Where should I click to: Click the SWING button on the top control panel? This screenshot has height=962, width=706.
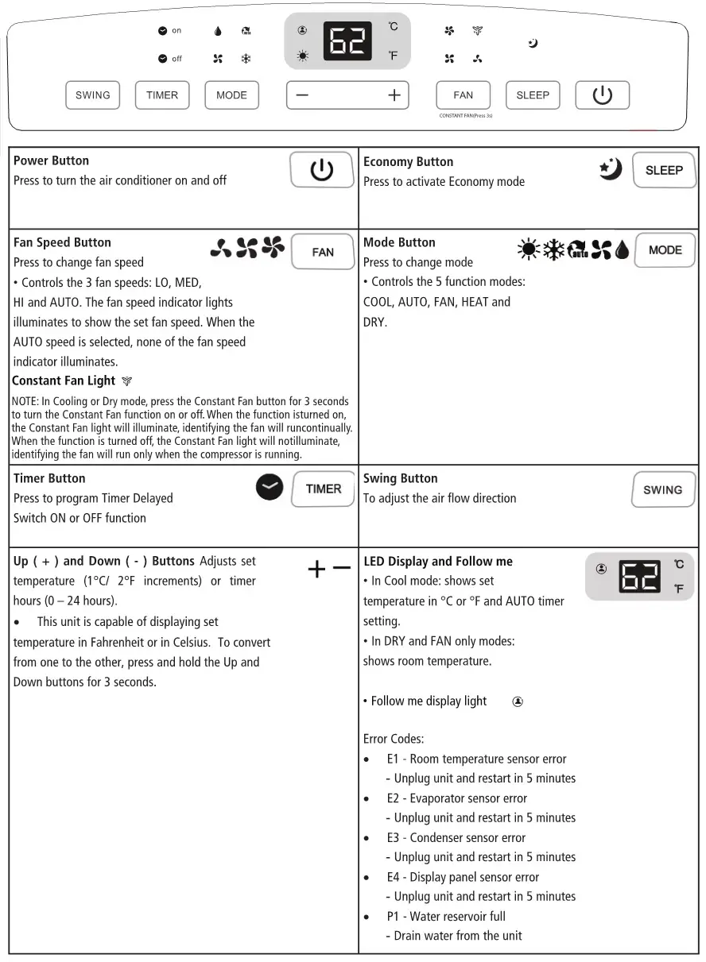pyautogui.click(x=93, y=95)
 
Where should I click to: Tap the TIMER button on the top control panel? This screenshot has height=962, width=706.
pyautogui.click(x=162, y=95)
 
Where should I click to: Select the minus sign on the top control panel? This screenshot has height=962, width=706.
pyautogui.click(x=302, y=95)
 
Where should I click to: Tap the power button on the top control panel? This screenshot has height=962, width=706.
pyautogui.click(x=602, y=95)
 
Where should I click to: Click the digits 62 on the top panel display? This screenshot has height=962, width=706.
pyautogui.click(x=347, y=42)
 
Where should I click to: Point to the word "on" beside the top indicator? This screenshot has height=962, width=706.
pyautogui.click(x=176, y=31)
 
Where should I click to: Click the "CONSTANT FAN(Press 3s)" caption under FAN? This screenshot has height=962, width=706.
pyautogui.click(x=466, y=116)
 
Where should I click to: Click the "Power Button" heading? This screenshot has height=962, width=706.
pyautogui.click(x=51, y=160)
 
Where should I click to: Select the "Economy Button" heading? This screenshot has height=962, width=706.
pyautogui.click(x=408, y=161)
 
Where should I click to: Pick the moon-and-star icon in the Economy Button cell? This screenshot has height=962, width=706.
pyautogui.click(x=610, y=168)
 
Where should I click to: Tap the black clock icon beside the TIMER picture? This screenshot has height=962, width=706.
pyautogui.click(x=270, y=487)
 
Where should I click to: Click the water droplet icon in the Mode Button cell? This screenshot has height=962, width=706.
pyautogui.click(x=622, y=250)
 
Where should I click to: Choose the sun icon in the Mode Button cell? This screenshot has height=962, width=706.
pyautogui.click(x=527, y=250)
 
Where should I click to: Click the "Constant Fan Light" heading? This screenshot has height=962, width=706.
pyautogui.click(x=64, y=381)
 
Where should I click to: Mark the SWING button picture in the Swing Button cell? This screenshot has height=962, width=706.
pyautogui.click(x=662, y=489)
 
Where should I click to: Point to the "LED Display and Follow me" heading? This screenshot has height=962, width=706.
pyautogui.click(x=438, y=561)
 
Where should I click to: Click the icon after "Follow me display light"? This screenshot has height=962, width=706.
pyautogui.click(x=518, y=701)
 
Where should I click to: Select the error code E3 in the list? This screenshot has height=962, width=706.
pyautogui.click(x=394, y=837)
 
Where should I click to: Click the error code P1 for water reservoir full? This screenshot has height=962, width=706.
pyautogui.click(x=394, y=916)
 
